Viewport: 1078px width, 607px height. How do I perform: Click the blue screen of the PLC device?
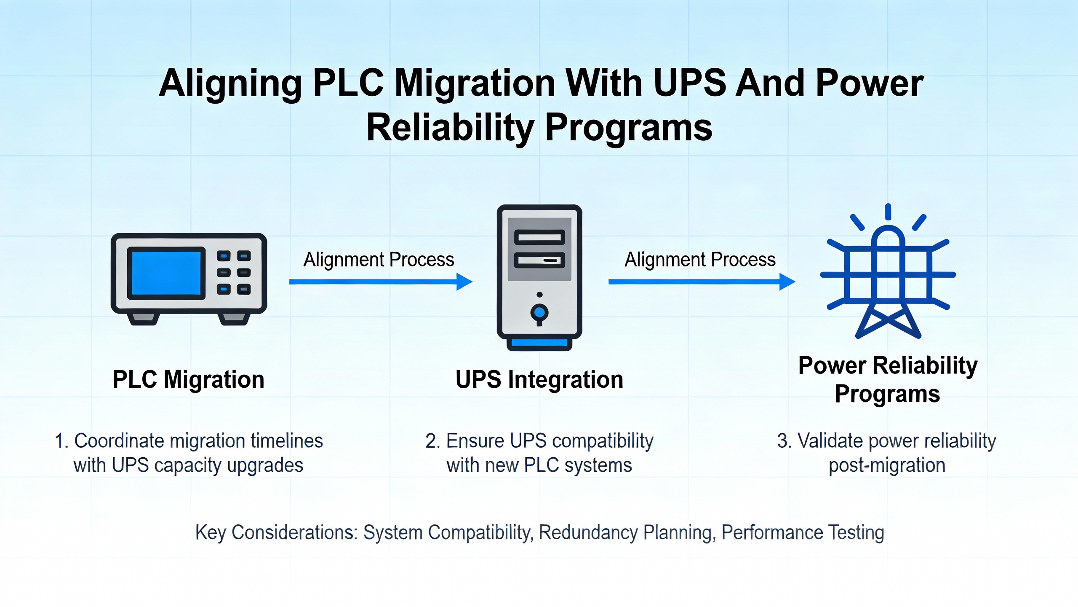pyautogui.click(x=166, y=273)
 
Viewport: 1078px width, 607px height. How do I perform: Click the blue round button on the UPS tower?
pyautogui.click(x=539, y=313)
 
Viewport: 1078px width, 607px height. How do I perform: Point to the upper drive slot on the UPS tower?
pyautogui.click(x=539, y=237)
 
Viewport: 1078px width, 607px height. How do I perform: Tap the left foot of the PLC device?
pyautogui.click(x=143, y=319)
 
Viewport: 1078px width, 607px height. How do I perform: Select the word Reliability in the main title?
pyautogui.click(x=451, y=128)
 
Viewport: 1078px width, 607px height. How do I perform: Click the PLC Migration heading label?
pyautogui.click(x=188, y=379)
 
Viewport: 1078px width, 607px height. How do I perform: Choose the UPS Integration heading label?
pyautogui.click(x=539, y=379)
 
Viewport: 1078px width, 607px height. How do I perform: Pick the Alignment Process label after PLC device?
pyautogui.click(x=379, y=260)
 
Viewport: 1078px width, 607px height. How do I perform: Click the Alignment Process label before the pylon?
pyautogui.click(x=700, y=260)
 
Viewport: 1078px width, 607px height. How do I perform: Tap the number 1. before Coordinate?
pyautogui.click(x=61, y=441)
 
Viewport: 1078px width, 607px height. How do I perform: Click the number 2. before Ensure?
pyautogui.click(x=432, y=441)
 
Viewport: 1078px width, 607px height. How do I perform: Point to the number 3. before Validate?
pyautogui.click(x=784, y=441)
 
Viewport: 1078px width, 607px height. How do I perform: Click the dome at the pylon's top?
pyautogui.click(x=888, y=236)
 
